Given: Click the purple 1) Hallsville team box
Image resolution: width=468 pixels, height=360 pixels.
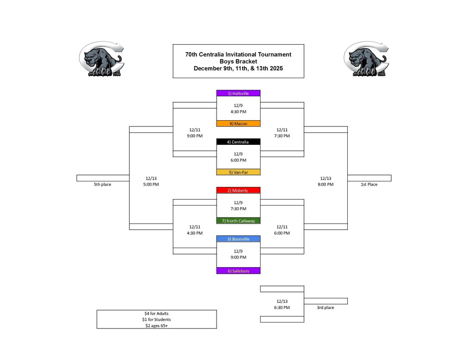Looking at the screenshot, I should (238, 93).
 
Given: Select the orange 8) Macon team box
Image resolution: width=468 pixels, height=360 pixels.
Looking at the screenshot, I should (238, 124).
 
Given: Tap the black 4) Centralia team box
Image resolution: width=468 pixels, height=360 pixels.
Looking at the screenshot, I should (238, 142).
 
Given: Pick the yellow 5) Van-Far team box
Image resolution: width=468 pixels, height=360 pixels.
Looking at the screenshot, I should (238, 172).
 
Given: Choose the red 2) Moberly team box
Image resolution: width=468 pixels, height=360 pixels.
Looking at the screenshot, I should (238, 191).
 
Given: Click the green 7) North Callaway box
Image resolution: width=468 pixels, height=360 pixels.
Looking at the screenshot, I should (238, 221).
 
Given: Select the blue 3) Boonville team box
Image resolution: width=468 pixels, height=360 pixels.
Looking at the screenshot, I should (238, 239).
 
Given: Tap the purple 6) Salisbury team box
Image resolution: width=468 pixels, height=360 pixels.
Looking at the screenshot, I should (238, 271).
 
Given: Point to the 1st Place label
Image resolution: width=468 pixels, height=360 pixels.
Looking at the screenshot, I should (369, 185).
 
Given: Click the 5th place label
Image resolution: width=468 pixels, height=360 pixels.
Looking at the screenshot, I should (102, 185).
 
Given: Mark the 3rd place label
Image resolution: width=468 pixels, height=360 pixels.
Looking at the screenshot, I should (325, 307).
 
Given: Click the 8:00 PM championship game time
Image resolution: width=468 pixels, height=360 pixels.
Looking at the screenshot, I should (325, 185).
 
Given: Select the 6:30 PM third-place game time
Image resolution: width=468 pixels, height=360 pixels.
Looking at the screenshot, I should (282, 307).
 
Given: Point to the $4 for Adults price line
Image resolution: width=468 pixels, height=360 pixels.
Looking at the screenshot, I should (156, 313).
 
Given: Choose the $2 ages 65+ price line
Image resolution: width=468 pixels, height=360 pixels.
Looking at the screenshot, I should (156, 326).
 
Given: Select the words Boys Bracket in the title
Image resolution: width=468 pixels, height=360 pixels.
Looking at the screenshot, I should (238, 61).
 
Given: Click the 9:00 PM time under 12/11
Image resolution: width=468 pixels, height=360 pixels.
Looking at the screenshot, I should (195, 136).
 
